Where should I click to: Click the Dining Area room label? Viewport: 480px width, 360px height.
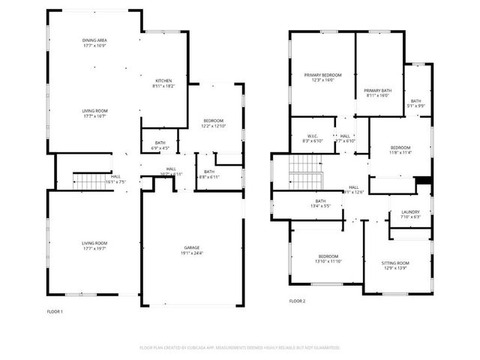pos(94,43)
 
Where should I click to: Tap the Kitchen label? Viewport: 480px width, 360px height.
pos(163,83)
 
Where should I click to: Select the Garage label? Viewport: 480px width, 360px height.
pos(193,250)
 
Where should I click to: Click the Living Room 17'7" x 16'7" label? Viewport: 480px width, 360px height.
pos(94,113)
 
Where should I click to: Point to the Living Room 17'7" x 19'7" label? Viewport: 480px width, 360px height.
pos(94,245)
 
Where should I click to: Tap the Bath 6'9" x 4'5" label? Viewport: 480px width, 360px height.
pos(160,145)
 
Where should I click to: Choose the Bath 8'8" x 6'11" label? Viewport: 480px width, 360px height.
pos(208,174)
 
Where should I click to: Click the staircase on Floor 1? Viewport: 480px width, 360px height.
pos(87,180)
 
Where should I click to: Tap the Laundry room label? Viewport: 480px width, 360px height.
pos(410,214)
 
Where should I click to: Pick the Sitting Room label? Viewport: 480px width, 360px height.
pos(394,265)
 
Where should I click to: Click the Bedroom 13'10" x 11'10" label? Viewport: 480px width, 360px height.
pos(327,259)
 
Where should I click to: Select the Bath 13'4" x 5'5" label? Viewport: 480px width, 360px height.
pos(320,203)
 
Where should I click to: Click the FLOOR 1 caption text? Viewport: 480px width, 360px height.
pos(55,311)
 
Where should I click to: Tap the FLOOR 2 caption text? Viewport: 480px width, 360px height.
pos(297,301)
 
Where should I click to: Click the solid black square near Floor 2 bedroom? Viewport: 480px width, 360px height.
pos(424,180)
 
